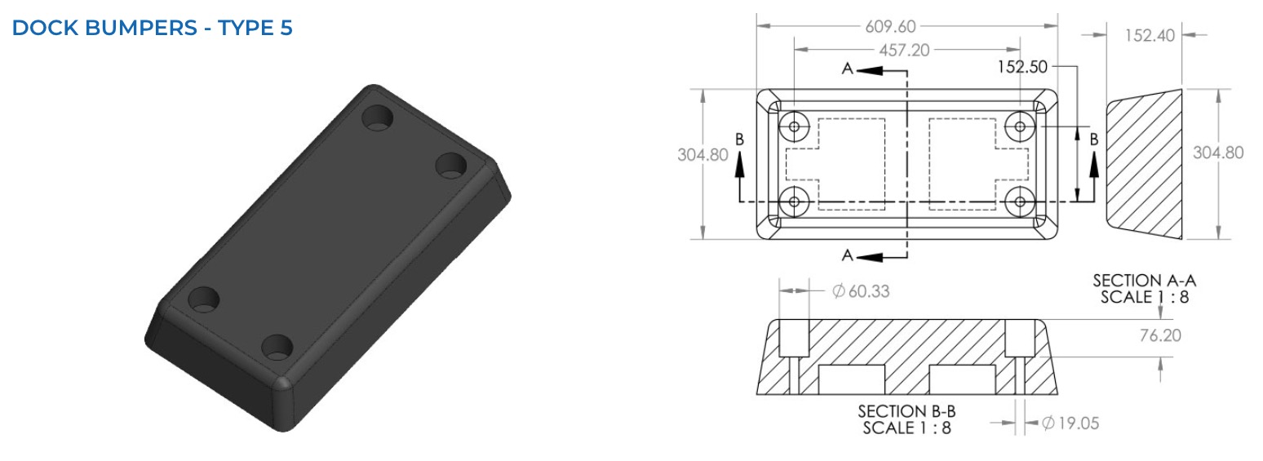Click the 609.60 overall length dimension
coord(890,26)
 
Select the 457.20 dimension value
coord(904,50)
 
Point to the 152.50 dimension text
coord(1021,67)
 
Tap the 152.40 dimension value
coord(1150,36)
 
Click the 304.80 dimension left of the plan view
coord(702,154)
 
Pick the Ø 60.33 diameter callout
coord(861,290)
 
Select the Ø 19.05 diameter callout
coord(1070,423)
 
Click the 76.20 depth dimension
coord(1160,335)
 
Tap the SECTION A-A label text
coord(1144,280)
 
